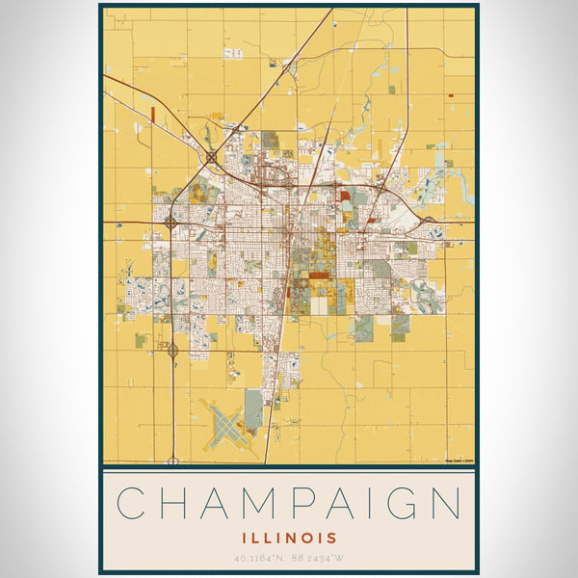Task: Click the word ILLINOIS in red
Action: coord(289,537)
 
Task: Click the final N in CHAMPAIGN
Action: coord(444,504)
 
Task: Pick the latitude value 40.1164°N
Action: coord(260,558)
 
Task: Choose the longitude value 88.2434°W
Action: coord(320,558)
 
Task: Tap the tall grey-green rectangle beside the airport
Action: coord(253,408)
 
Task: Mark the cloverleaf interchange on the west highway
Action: coord(171,222)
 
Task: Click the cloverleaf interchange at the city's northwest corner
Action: coord(211,156)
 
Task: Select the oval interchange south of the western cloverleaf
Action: coord(172,351)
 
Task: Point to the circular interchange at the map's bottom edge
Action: coord(173,461)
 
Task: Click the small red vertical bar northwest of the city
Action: coord(153,114)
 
